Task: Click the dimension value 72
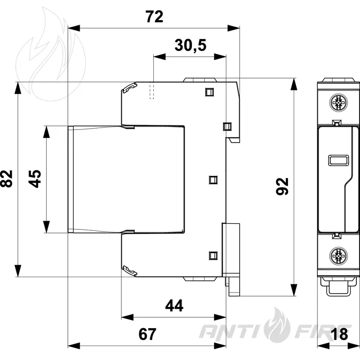[154, 16]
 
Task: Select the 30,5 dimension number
[190, 45]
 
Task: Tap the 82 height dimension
[7, 178]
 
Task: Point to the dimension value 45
[35, 178]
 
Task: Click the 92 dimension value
[282, 186]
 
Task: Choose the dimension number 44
[174, 305]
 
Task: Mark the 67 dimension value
[148, 334]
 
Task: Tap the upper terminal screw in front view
[338, 103]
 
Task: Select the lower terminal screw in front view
[338, 256]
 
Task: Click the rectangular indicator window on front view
[338, 160]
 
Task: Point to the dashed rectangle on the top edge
[152, 90]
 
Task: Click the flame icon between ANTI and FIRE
[277, 325]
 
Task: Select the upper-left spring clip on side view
[130, 88]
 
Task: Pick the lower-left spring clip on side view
[130, 271]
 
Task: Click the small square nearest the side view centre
[213, 180]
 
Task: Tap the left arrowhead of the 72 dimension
[74, 28]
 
